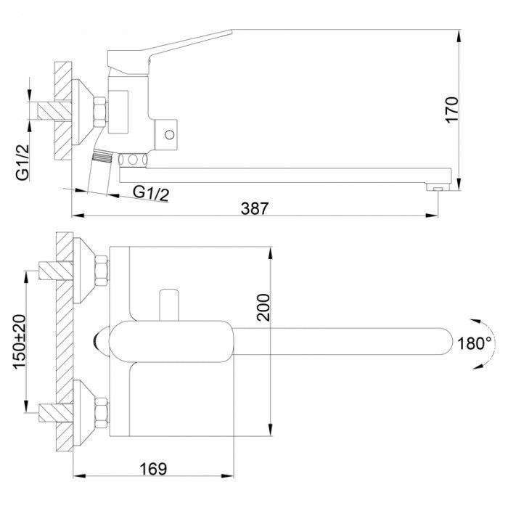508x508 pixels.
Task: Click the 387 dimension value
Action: click(255, 208)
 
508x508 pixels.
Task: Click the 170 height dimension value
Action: click(452, 110)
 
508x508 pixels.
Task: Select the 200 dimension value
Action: click(263, 307)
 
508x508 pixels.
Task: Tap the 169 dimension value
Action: click(153, 469)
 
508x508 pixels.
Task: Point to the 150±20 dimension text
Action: click(20, 342)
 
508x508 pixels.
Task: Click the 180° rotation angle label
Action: click(475, 343)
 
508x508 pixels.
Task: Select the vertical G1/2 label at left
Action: click(22, 163)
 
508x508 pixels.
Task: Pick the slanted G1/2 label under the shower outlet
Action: click(151, 194)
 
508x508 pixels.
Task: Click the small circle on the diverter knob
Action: click(169, 134)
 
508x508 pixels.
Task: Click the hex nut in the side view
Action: click(100, 112)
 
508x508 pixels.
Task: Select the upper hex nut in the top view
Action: click(102, 271)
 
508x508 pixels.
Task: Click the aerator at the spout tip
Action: click(438, 187)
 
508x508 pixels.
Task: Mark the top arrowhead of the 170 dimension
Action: click(459, 36)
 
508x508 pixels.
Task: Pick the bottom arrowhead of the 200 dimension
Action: click(270, 430)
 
